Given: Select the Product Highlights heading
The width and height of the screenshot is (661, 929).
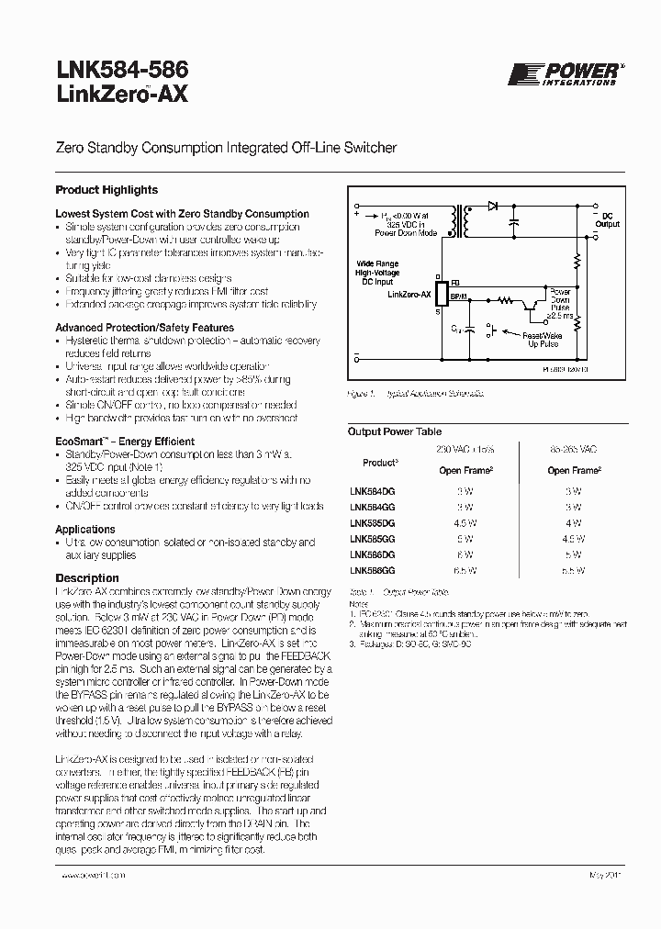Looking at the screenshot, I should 106,190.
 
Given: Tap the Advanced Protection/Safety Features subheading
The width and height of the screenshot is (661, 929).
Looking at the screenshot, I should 144,328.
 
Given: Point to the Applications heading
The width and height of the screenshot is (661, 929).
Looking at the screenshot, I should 85,530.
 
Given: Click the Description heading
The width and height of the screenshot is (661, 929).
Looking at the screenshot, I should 87,578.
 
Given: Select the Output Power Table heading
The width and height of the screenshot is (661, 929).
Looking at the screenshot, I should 394,431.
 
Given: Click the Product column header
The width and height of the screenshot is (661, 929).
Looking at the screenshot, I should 379,463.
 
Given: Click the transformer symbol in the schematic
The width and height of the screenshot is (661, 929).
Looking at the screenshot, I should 468,220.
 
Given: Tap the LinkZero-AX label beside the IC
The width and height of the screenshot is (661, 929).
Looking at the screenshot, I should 410,295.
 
